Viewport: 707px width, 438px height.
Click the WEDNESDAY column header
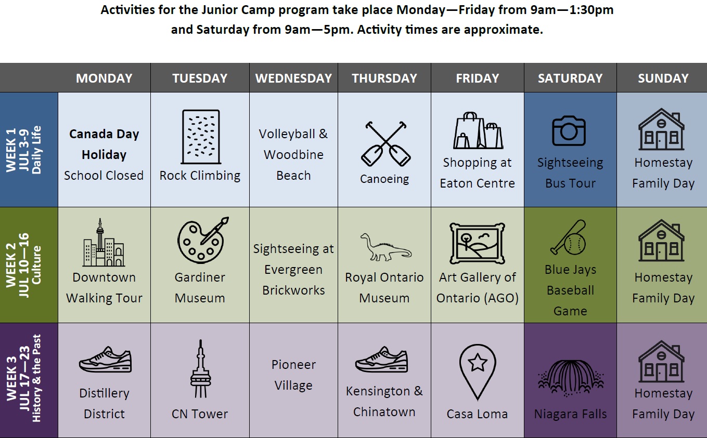[x=293, y=78]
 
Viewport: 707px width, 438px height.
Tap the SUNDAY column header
[x=663, y=78]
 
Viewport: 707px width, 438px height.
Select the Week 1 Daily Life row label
[x=24, y=150]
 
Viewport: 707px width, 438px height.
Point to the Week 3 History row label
[x=24, y=378]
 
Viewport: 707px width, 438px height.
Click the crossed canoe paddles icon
[x=385, y=144]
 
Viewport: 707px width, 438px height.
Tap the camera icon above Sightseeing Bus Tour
[x=569, y=130]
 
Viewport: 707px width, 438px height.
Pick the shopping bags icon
[x=478, y=130]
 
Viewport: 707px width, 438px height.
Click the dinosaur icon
[x=385, y=247]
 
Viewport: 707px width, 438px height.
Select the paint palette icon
[x=202, y=240]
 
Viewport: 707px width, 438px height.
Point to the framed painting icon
[x=477, y=243]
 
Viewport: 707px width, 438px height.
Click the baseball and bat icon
[x=569, y=237]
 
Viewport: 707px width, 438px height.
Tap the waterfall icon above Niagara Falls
[x=570, y=378]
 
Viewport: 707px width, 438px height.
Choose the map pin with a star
[x=477, y=372]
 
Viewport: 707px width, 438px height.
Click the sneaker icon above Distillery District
[x=105, y=360]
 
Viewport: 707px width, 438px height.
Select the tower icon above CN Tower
[x=200, y=368]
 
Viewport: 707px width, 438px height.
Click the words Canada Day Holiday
[x=104, y=144]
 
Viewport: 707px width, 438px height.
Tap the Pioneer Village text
[x=293, y=375]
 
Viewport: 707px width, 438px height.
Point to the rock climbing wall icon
[x=201, y=137]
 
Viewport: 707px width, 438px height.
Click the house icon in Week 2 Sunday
[x=661, y=240]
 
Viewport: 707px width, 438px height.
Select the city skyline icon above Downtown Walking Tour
[x=104, y=243]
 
